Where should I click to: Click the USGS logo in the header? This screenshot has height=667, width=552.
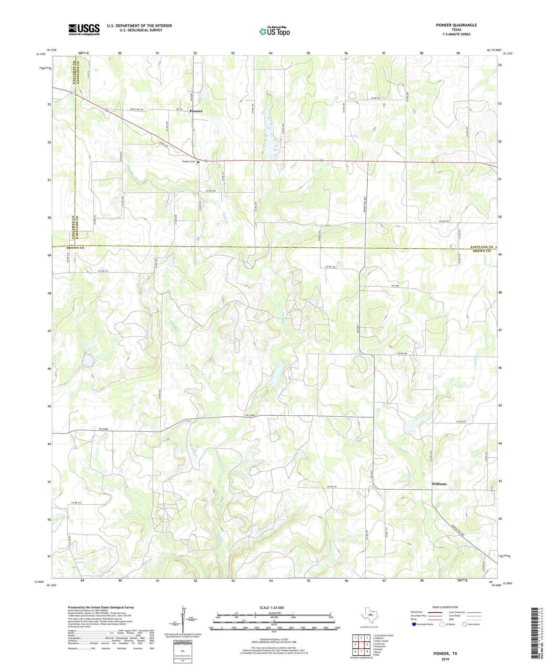(x=84, y=29)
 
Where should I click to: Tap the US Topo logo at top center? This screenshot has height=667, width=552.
(x=274, y=32)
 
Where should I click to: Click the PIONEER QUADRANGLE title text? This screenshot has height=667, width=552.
(x=456, y=25)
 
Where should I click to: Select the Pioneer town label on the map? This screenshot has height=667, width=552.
(x=196, y=111)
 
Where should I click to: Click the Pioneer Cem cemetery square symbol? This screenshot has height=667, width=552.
(x=198, y=162)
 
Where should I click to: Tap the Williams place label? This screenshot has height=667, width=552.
(x=439, y=484)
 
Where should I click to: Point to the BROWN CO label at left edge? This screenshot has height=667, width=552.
(x=75, y=248)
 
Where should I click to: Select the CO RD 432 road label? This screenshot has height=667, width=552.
(x=331, y=487)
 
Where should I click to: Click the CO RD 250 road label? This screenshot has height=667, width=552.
(x=210, y=190)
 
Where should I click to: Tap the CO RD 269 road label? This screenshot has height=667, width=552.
(x=375, y=98)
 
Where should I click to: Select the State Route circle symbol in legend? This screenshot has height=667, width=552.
(x=464, y=624)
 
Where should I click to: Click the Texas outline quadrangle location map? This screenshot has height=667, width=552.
(x=369, y=615)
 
